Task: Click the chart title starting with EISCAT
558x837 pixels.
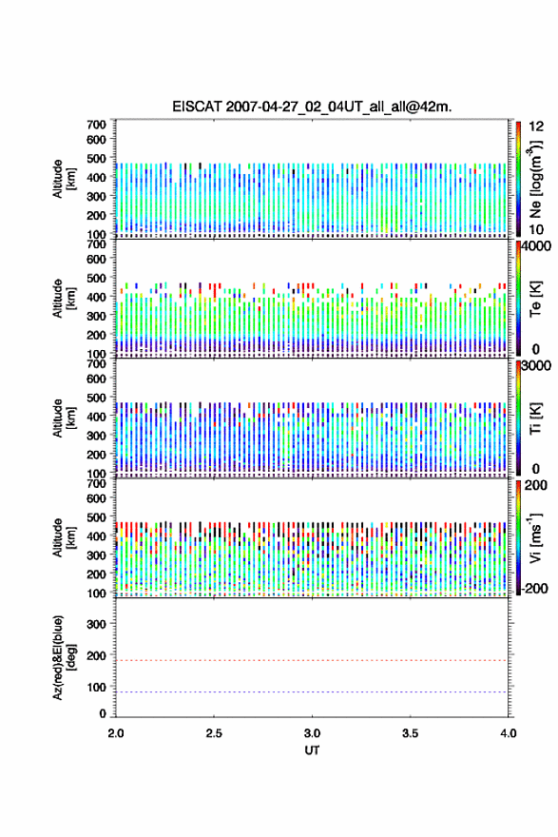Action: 312,107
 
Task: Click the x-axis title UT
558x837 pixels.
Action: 312,750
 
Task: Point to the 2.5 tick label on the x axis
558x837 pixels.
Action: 214,733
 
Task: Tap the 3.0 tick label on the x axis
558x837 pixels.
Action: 312,733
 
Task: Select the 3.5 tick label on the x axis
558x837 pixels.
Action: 411,733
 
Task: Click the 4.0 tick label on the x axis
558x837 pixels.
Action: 509,733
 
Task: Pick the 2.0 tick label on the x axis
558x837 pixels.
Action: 116,733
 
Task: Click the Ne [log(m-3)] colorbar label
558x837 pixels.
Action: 536,180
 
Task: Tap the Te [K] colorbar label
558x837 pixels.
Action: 535,299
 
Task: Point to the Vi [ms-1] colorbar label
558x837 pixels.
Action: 535,537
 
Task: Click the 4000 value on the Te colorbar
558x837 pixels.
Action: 537,246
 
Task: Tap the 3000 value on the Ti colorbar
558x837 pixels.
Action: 537,365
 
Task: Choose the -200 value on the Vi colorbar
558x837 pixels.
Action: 534,588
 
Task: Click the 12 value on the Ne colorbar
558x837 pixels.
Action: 536,127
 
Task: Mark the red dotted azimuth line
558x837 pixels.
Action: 312,660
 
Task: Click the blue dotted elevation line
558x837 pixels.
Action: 312,691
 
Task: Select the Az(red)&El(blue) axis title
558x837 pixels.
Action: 62,657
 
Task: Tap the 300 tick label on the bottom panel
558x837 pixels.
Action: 97,624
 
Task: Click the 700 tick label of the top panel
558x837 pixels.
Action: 97,125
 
